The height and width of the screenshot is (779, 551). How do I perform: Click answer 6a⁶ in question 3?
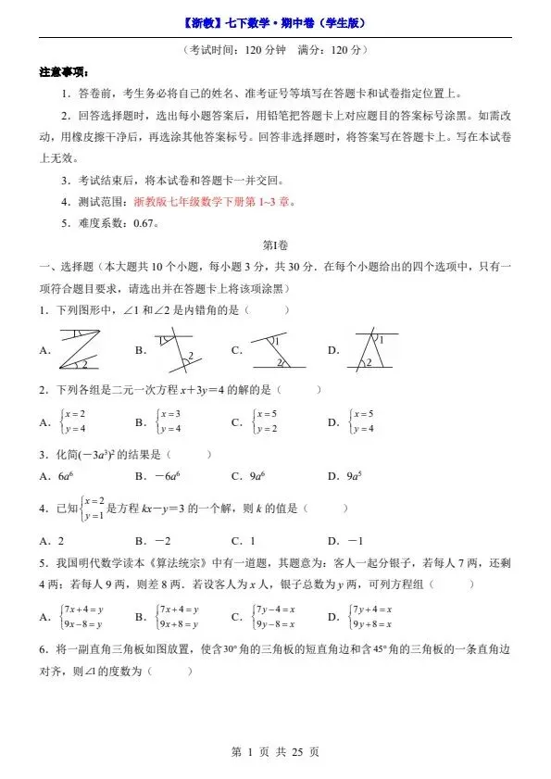[x=65, y=476]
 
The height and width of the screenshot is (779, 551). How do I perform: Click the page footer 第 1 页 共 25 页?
[x=275, y=752]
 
